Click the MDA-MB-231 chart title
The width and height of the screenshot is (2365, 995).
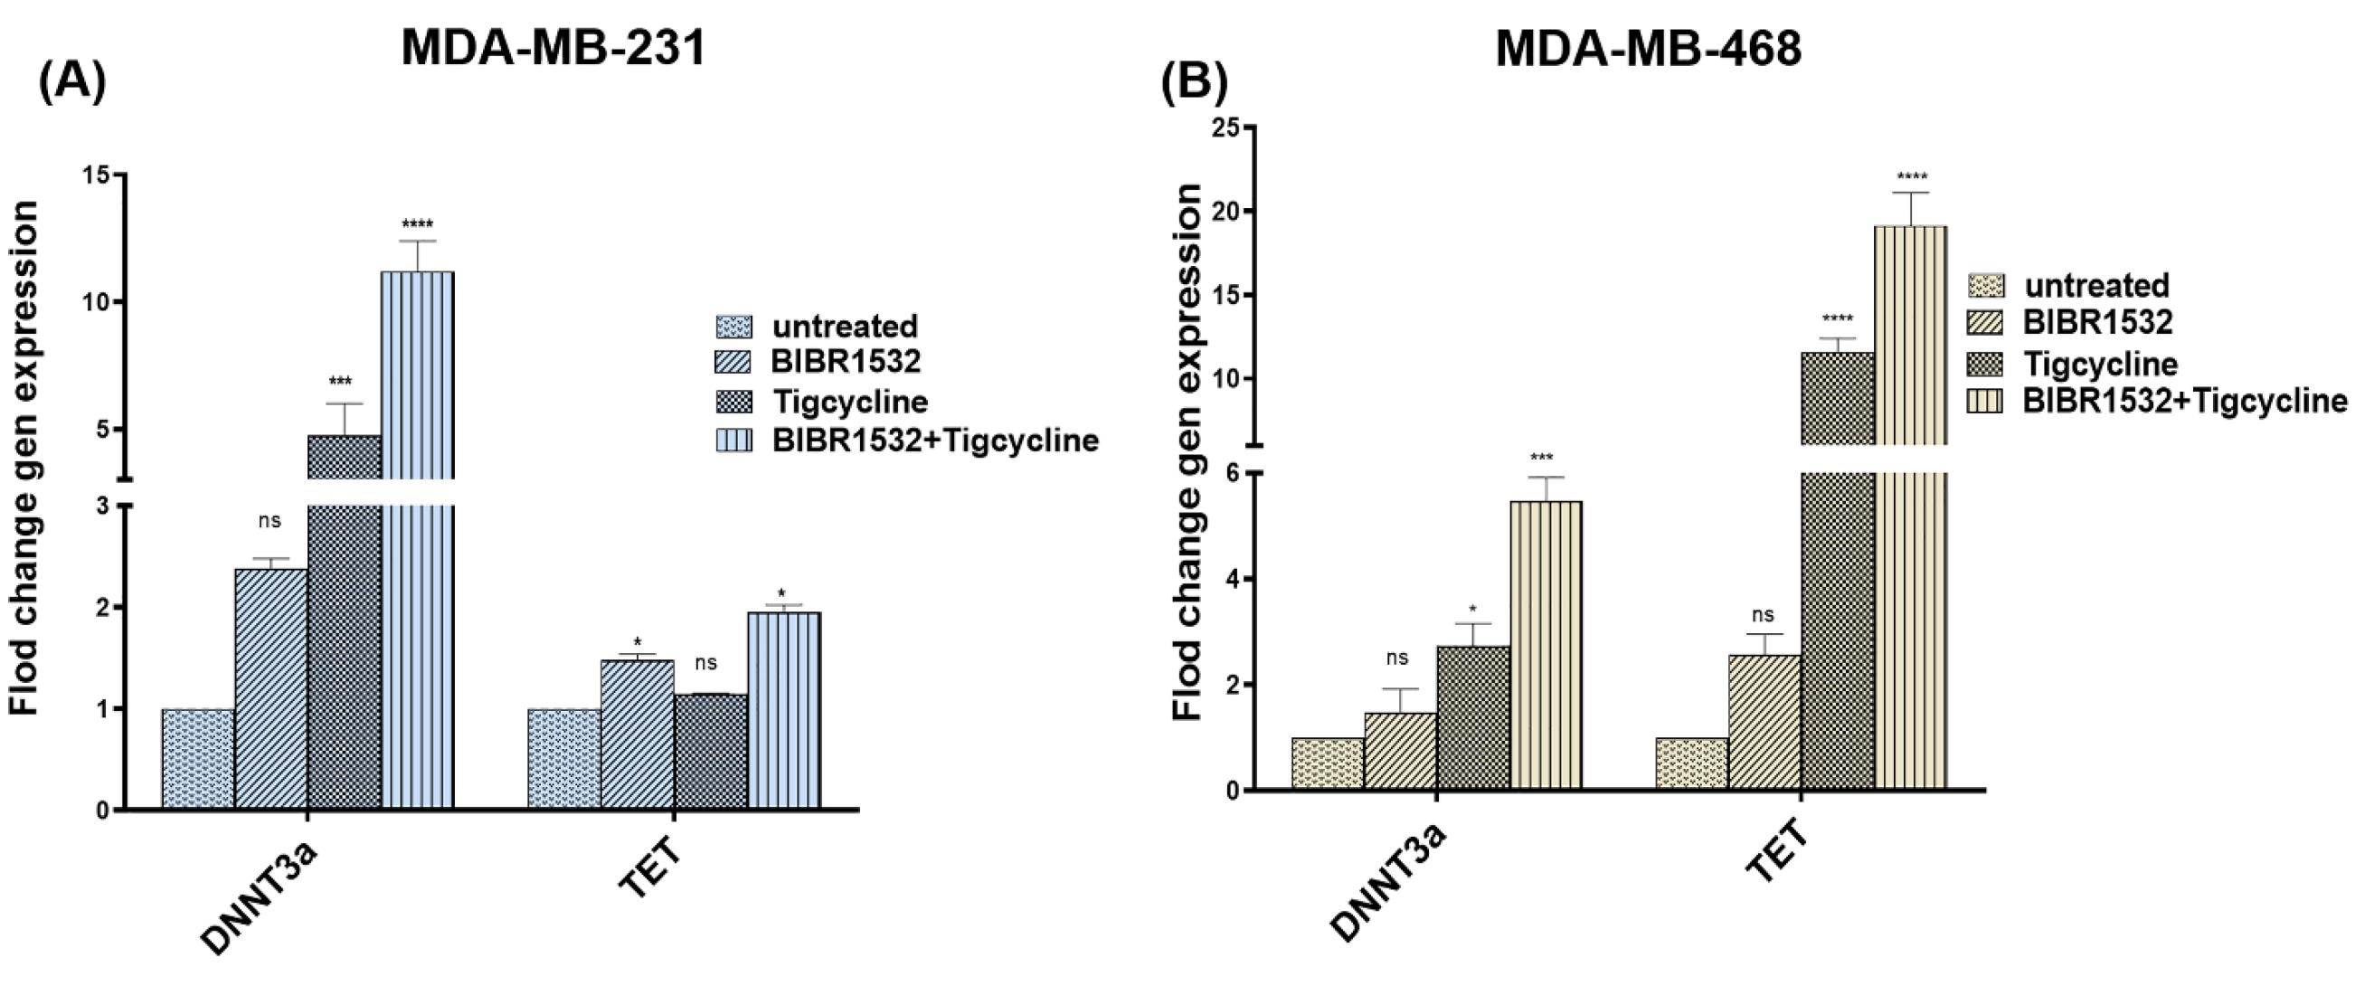(x=553, y=48)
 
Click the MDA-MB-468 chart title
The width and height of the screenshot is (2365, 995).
(x=1648, y=48)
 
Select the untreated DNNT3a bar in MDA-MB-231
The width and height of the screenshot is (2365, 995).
(x=198, y=759)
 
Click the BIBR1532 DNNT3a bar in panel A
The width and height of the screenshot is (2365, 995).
(x=270, y=688)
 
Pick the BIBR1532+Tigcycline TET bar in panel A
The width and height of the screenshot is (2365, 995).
(x=784, y=710)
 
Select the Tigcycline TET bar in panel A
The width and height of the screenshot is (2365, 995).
(x=711, y=752)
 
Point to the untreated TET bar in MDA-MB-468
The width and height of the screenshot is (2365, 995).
(x=1692, y=763)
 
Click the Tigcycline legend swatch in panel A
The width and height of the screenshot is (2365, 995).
(x=733, y=402)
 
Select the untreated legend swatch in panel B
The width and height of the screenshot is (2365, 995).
(x=1986, y=286)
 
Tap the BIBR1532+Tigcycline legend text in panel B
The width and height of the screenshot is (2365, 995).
(x=2185, y=401)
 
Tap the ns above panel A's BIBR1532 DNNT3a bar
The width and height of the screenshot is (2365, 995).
(x=269, y=520)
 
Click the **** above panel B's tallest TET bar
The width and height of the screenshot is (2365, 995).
(x=1911, y=177)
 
